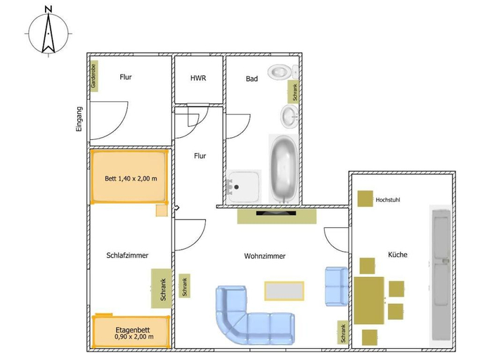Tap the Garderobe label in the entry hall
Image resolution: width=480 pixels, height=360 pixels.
click(94, 76)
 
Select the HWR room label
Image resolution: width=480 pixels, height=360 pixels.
click(198, 78)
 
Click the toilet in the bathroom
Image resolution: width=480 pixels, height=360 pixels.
click(283, 72)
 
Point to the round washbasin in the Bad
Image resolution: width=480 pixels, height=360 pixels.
click(290, 116)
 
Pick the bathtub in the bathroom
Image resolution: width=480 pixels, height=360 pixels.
click(284, 169)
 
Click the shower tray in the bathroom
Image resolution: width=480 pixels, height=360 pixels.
click(244, 186)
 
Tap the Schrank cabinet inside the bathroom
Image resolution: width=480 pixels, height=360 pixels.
click(293, 92)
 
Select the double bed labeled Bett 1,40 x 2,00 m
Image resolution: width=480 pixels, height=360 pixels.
click(129, 176)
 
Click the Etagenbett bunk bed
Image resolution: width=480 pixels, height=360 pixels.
click(131, 332)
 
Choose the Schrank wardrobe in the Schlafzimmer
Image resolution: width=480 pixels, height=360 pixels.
click(162, 288)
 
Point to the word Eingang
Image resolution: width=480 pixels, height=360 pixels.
click(79, 120)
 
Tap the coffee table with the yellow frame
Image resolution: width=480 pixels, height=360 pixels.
click(285, 291)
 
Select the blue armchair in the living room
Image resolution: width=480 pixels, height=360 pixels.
click(337, 286)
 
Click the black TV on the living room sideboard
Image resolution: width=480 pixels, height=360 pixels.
click(275, 213)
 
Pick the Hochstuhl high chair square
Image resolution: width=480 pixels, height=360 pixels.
click(365, 198)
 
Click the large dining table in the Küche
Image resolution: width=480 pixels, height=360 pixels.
click(369, 300)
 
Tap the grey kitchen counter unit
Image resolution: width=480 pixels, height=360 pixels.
click(441, 275)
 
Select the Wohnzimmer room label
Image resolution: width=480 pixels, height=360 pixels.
click(265, 256)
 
